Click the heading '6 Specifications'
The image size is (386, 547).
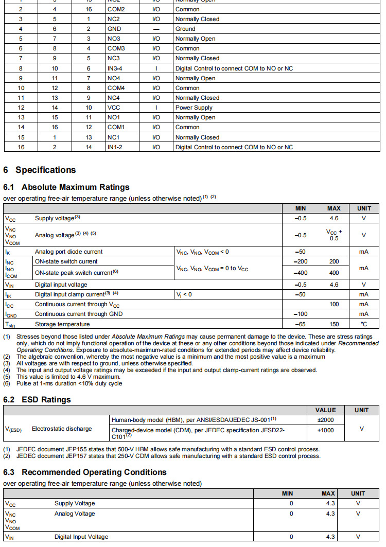coord(40,170)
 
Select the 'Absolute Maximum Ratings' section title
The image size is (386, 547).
coord(66,187)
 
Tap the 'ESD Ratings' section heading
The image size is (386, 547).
coord(37,400)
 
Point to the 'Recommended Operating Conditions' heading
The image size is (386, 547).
coord(85,472)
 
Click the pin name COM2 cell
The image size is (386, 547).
coord(116,9)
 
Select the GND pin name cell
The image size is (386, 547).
coord(114,29)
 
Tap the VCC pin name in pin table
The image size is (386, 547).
coord(114,108)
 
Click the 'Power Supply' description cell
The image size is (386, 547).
coord(194,108)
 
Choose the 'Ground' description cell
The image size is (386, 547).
coord(185,29)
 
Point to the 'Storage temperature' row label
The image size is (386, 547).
coord(62,324)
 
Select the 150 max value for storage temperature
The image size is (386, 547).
coord(334,324)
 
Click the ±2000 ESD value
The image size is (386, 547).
coord(325,419)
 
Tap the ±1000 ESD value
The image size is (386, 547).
coord(325,430)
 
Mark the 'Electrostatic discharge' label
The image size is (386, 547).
coord(62,428)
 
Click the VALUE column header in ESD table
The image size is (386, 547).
coord(325,410)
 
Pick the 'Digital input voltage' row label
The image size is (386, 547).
coord(61,285)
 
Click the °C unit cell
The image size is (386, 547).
coord(364,324)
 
